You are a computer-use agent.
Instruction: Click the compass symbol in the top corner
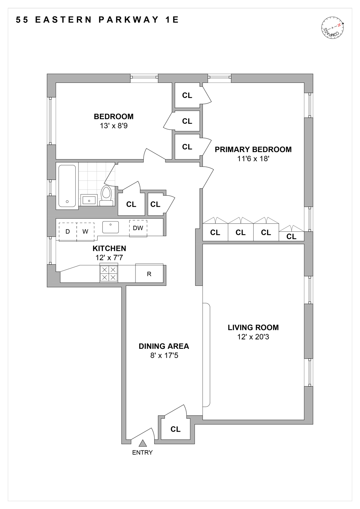click(332, 27)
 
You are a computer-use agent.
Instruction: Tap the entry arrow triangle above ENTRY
click(143, 443)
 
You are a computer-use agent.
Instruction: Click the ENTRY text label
click(142, 452)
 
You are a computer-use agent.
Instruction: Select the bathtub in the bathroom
click(67, 186)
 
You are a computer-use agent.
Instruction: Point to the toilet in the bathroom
click(106, 195)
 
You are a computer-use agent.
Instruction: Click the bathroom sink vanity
click(89, 200)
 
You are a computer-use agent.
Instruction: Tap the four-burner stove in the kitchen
click(109, 273)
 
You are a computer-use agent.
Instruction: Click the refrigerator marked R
click(149, 274)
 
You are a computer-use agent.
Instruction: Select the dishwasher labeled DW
click(138, 228)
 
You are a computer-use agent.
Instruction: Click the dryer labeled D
click(68, 231)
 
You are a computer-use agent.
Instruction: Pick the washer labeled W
click(85, 231)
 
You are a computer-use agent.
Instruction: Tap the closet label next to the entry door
click(176, 429)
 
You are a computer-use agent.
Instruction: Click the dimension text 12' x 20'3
click(253, 337)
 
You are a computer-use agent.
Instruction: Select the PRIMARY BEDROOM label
click(253, 149)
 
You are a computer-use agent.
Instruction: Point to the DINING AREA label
click(164, 346)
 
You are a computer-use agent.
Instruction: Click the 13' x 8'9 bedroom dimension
click(113, 126)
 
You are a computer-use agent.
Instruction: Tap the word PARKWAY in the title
click(129, 20)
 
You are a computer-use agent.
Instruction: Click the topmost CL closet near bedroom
click(187, 95)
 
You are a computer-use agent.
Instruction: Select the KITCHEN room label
click(109, 248)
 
